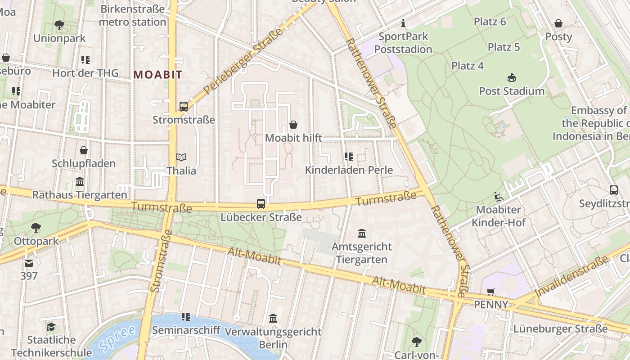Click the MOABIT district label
157,75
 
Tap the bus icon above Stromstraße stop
184,107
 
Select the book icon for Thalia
181,157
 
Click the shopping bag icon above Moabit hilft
293,125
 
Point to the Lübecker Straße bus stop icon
261,204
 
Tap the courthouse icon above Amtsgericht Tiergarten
362,233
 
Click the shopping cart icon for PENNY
491,292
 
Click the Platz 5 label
504,47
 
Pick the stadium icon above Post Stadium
511,78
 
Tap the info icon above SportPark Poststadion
403,23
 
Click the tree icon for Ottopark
36,228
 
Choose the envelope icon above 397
29,263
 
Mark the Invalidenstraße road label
571,276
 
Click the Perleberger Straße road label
243,61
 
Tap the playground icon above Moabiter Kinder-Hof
499,197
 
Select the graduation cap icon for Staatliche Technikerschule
51,326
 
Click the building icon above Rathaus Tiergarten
80,182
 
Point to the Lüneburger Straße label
560,329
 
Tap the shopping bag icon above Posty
558,23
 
